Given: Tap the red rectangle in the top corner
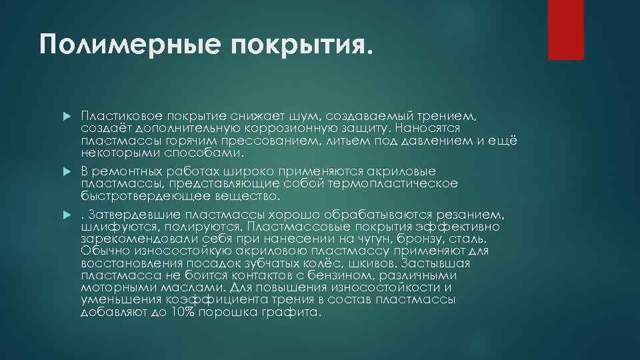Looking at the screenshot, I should (565, 29).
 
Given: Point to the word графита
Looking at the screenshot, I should (291, 311).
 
